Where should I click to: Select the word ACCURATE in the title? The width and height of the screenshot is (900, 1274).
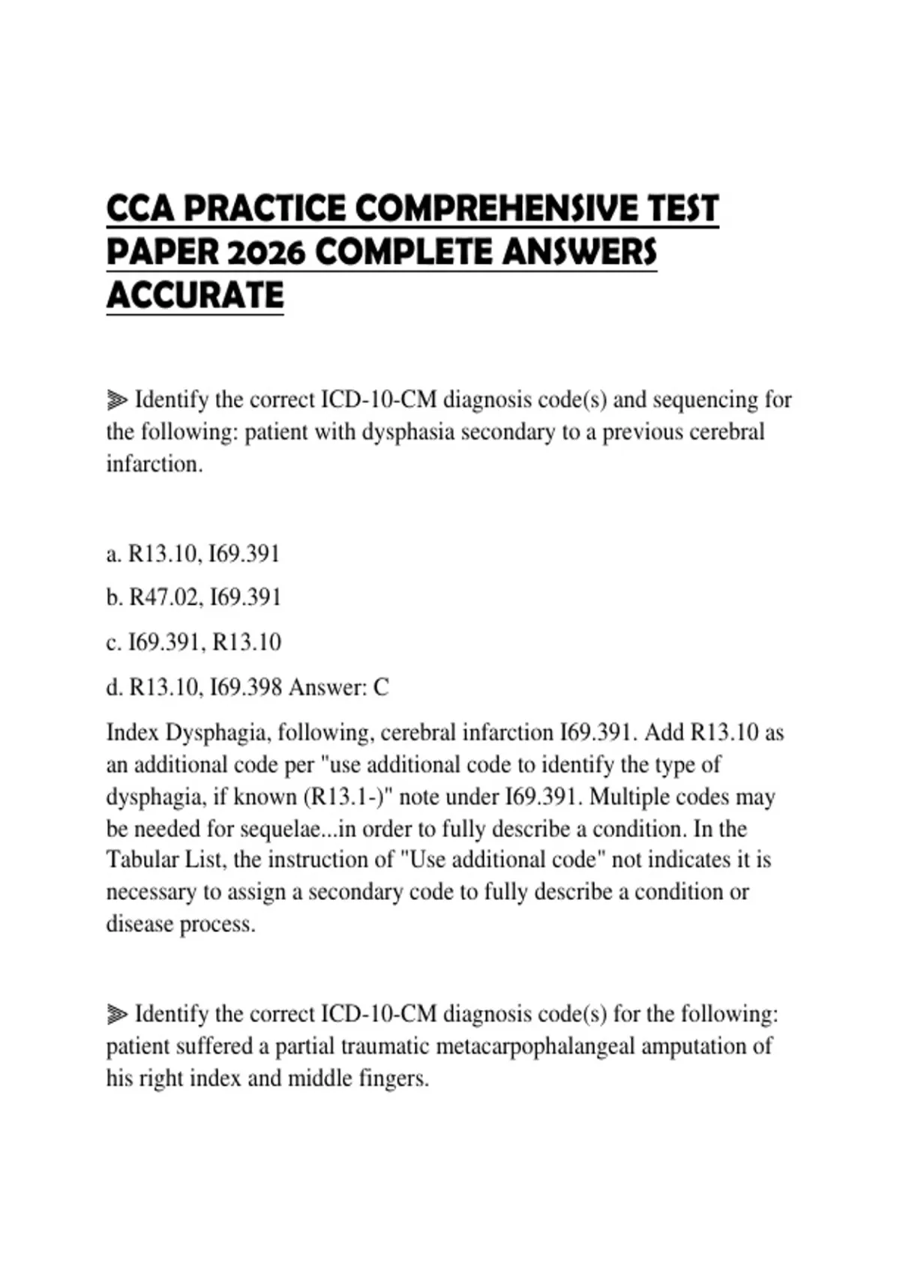click(x=195, y=295)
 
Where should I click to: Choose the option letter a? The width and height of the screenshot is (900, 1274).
click(x=113, y=555)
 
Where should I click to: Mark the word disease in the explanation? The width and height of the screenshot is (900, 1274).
click(x=139, y=924)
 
